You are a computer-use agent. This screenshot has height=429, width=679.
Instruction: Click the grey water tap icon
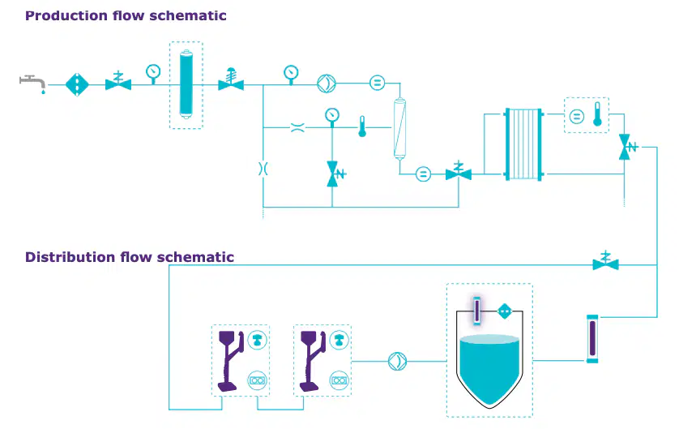pos(32,84)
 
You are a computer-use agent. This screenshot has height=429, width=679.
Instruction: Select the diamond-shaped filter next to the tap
pos(77,84)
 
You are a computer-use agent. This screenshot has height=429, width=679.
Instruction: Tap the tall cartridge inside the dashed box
pos(186,84)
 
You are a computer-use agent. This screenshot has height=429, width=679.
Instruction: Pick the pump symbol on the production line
pos(327,84)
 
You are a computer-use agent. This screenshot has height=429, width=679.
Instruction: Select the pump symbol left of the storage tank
pos(398,361)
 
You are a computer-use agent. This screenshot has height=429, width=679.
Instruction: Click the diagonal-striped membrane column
pos(399,129)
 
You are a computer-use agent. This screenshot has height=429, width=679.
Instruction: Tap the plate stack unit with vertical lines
pos(523,144)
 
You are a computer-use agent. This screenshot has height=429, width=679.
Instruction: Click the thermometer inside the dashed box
pos(598,114)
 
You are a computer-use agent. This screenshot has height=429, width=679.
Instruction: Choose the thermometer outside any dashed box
pos(362,127)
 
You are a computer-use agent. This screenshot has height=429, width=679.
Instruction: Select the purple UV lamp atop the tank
pos(476,311)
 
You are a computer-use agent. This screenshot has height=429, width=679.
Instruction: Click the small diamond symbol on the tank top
pos(505,311)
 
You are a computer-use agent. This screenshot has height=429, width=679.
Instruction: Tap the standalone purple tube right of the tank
pos(592,339)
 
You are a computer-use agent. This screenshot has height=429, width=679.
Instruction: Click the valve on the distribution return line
pos(605,261)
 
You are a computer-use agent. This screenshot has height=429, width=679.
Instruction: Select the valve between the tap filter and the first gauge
pos(118,81)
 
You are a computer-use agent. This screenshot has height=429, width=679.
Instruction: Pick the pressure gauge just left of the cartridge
pos(153,73)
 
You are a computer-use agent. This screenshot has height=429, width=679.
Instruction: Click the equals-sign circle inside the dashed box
pos(576,116)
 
